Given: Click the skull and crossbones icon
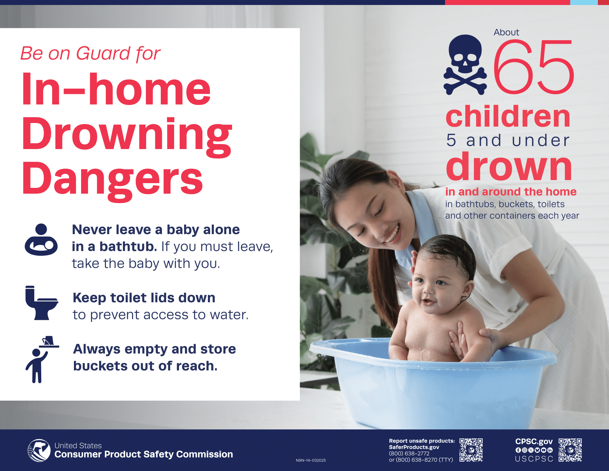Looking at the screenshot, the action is click(x=465, y=65).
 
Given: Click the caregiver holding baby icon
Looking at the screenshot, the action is click(x=41, y=240).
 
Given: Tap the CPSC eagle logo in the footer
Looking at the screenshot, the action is click(x=39, y=450).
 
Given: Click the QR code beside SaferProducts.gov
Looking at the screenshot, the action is click(x=471, y=450).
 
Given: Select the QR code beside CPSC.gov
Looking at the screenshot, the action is click(x=570, y=450).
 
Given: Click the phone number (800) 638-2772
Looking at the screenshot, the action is click(x=409, y=454).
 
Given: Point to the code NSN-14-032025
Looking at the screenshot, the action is click(x=311, y=460).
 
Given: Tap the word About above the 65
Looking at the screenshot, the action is click(x=506, y=32).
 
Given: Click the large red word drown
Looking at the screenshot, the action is click(x=509, y=167).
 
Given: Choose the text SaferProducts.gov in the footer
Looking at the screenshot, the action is click(x=414, y=447).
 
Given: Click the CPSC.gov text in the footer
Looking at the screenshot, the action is click(x=534, y=442).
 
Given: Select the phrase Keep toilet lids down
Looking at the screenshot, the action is click(x=144, y=298).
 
